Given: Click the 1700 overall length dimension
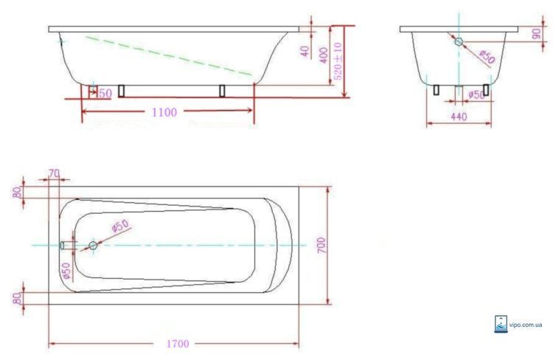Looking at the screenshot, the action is click(x=178, y=344).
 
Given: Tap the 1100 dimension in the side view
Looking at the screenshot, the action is click(x=164, y=112).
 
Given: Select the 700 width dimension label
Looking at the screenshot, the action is click(x=321, y=245).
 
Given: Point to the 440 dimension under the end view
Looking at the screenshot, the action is click(x=459, y=117).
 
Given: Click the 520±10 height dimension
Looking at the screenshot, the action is click(x=338, y=61).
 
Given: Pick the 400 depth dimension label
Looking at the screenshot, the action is click(x=324, y=55).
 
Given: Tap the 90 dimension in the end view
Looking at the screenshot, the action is click(x=537, y=34).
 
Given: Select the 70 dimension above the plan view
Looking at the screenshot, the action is click(x=54, y=173).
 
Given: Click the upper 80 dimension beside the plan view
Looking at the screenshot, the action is click(x=16, y=193).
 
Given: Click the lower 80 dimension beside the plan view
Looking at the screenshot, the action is click(x=16, y=298).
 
